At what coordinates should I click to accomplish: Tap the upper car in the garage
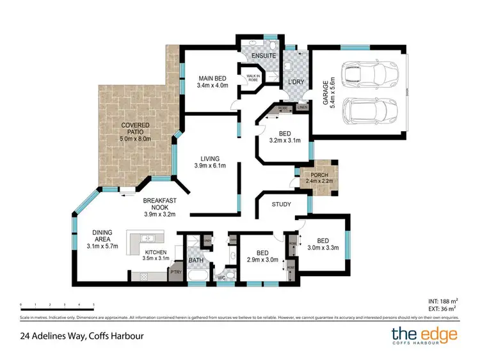362,75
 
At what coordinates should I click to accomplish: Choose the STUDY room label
281,205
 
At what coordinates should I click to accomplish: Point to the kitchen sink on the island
147,238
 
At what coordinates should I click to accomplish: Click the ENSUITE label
263,56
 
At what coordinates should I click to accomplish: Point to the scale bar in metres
57,305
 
